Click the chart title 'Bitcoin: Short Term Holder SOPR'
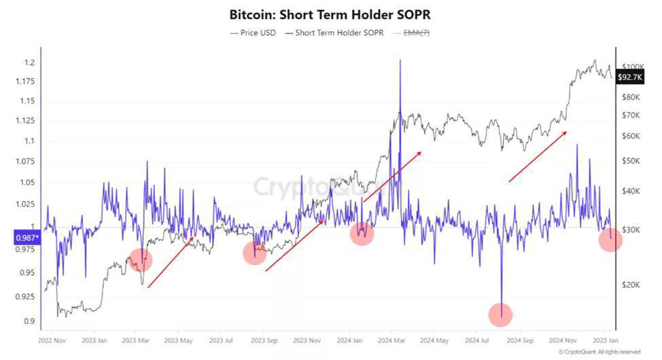(330, 14)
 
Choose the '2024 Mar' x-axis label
(392, 339)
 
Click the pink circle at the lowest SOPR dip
(500, 314)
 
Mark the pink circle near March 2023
(140, 259)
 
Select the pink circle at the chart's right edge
(610, 239)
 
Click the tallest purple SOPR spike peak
(400, 61)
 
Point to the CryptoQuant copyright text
(599, 352)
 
